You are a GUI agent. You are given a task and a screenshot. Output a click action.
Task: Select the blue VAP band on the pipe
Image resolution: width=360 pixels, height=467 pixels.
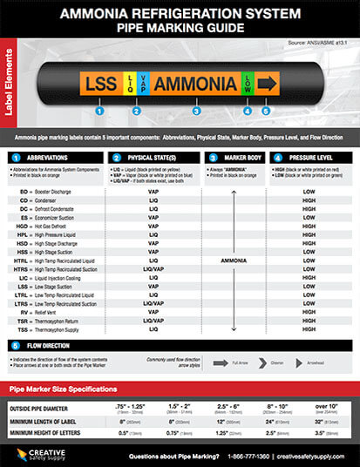[x=143, y=84]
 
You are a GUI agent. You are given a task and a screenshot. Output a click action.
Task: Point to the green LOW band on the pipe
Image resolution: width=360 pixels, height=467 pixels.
[x=247, y=84]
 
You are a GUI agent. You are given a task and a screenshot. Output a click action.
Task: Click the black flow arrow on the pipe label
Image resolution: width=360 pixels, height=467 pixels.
[x=267, y=84]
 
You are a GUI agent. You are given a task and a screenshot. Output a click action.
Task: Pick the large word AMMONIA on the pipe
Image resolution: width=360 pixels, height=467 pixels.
[x=195, y=84]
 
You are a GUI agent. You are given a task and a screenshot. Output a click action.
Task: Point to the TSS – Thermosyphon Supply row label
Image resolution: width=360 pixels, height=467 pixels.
[x=58, y=329]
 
